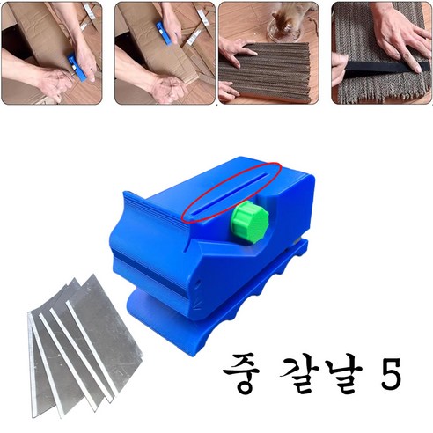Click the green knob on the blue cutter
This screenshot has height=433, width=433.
click(250, 222)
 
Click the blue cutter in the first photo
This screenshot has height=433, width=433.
click(76, 67)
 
